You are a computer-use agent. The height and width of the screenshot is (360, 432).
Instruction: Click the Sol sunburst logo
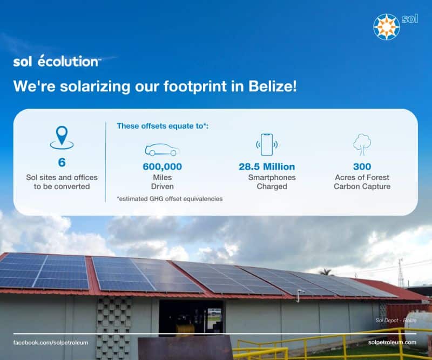point(386,27)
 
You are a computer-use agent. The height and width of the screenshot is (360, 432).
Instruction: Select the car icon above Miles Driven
point(162,150)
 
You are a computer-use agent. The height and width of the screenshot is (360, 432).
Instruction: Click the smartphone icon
point(267,144)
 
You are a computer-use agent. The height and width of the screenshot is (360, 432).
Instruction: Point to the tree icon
point(362,144)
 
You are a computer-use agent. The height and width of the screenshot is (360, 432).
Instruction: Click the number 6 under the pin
point(62,162)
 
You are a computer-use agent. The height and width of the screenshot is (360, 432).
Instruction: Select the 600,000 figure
point(163,166)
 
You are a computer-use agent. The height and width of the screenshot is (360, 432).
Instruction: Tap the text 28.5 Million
point(267,166)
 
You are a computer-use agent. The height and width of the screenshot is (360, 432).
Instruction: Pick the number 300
point(362,166)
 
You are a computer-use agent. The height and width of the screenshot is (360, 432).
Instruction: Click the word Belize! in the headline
point(273,86)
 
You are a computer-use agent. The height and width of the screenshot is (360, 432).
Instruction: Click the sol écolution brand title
point(57,61)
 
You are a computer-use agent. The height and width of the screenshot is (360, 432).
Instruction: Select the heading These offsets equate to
point(163,126)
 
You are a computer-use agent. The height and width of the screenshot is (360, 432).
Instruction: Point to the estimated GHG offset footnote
point(170,198)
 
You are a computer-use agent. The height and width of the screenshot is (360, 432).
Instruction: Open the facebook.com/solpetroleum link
point(51,343)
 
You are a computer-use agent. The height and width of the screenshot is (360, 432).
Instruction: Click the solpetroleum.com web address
point(392,342)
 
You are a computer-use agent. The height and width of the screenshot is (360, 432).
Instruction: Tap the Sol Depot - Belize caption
point(396,321)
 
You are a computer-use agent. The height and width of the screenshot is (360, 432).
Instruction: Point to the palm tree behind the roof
point(326,272)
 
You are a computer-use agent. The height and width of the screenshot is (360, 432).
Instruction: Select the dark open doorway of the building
point(191,317)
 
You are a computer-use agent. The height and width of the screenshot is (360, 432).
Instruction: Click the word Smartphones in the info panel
point(272,177)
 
